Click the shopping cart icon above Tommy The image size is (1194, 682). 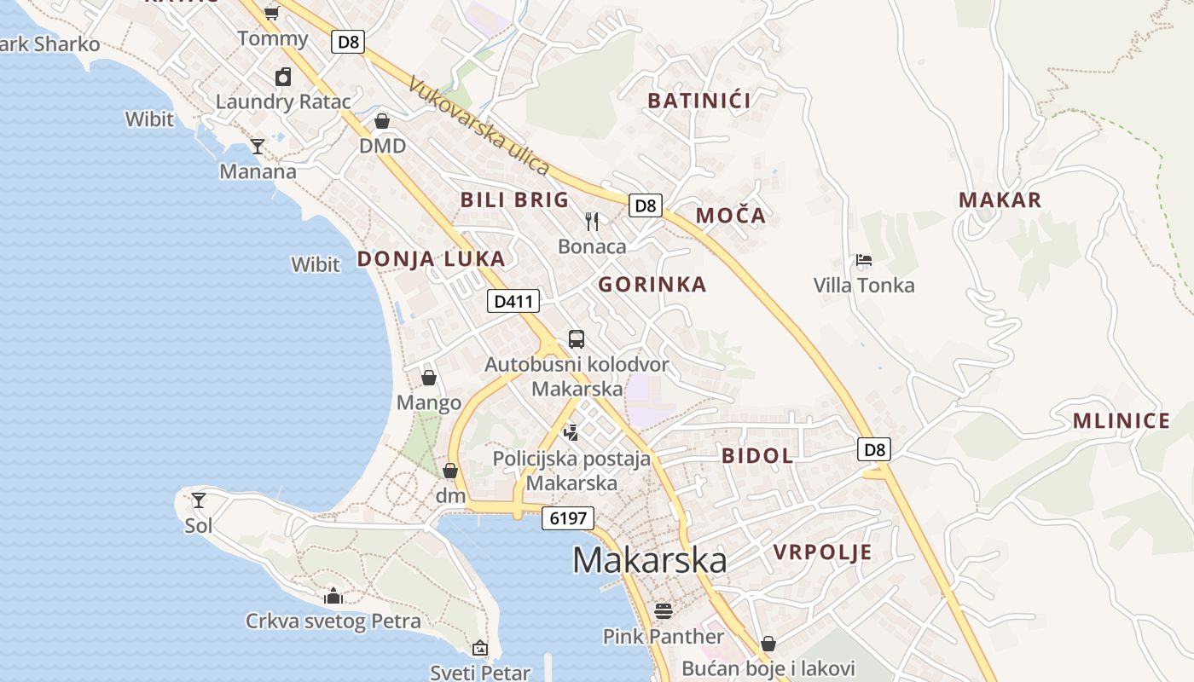271,13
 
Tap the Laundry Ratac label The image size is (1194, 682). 283,101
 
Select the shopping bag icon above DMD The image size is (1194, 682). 382,121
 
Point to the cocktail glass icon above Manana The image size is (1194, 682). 257,147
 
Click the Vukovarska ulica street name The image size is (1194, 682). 478,125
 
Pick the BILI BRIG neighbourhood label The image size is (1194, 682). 514,200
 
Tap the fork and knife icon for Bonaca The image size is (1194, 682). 592,222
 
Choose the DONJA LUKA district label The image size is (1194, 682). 431,259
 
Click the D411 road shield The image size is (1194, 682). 513,301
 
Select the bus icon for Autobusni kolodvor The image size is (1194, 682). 577,339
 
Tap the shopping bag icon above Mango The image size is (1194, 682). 429,378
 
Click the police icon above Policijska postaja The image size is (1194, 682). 571,433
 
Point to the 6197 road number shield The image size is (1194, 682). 568,518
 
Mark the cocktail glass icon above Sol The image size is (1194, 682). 199,500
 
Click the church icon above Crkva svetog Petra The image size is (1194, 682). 333,595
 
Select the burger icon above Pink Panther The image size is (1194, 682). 663,610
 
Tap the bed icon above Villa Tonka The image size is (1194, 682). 863,260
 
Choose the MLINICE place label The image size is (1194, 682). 1122,421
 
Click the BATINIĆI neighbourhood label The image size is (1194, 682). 699,101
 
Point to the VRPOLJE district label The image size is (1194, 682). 823,552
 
